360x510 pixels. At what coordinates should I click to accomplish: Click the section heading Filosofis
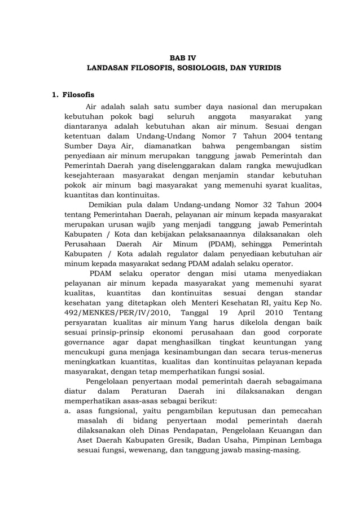pos(78,94)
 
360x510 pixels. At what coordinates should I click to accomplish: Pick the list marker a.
pos(66,411)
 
